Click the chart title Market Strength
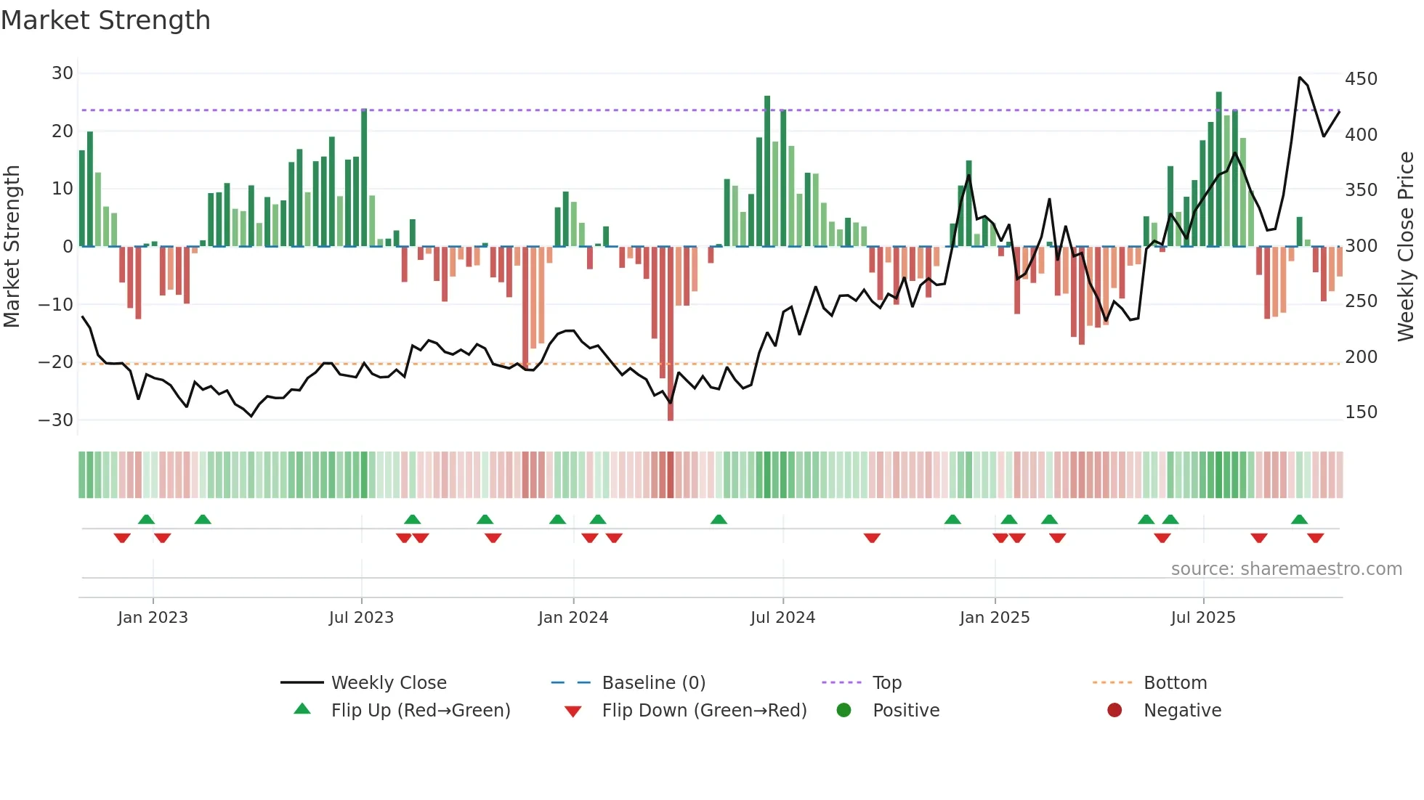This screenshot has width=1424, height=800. tap(105, 20)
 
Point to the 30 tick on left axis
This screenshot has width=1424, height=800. tap(62, 73)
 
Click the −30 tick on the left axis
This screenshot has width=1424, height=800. tap(56, 420)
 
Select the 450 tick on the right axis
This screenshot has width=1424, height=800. tap(1361, 79)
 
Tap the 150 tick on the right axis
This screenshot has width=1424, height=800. tap(1361, 412)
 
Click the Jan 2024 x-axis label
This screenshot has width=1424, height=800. tap(573, 618)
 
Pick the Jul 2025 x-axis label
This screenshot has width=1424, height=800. tap(1203, 618)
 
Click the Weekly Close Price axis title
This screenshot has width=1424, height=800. tap(1407, 247)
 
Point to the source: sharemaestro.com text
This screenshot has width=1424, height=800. tap(1286, 569)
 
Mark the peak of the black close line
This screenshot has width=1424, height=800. tap(1300, 78)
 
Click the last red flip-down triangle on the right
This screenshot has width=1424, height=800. tap(1315, 538)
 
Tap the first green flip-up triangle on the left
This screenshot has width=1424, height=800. tap(146, 519)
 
